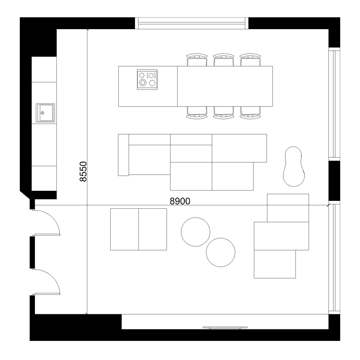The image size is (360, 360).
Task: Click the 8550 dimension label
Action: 83,171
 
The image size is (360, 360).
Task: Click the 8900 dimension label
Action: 180,201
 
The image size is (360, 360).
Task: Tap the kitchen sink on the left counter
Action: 45,112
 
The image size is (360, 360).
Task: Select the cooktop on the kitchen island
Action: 147,80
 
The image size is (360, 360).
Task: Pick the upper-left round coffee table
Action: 195,232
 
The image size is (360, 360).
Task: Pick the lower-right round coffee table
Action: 220,252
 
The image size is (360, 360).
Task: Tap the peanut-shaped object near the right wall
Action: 294,166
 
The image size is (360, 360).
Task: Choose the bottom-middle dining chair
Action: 224,112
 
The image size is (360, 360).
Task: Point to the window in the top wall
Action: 192,23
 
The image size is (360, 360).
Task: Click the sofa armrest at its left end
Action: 123,155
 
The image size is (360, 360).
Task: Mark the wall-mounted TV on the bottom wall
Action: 225,328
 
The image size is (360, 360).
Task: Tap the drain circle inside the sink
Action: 42,113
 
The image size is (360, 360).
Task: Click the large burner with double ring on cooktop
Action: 143,82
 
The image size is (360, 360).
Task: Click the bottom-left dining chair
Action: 197,112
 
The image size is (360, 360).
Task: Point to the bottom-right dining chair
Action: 250,112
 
